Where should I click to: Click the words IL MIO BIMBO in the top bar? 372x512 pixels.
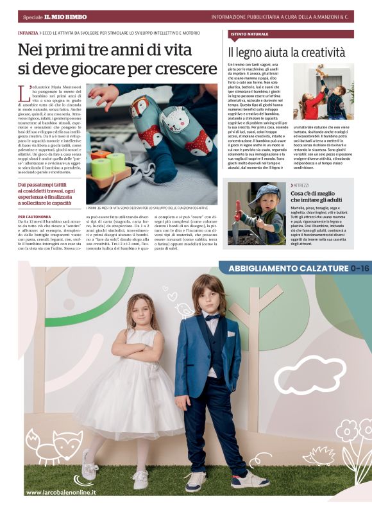65,17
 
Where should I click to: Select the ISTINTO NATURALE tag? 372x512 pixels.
249,33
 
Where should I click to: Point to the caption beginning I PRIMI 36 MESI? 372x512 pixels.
148,208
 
